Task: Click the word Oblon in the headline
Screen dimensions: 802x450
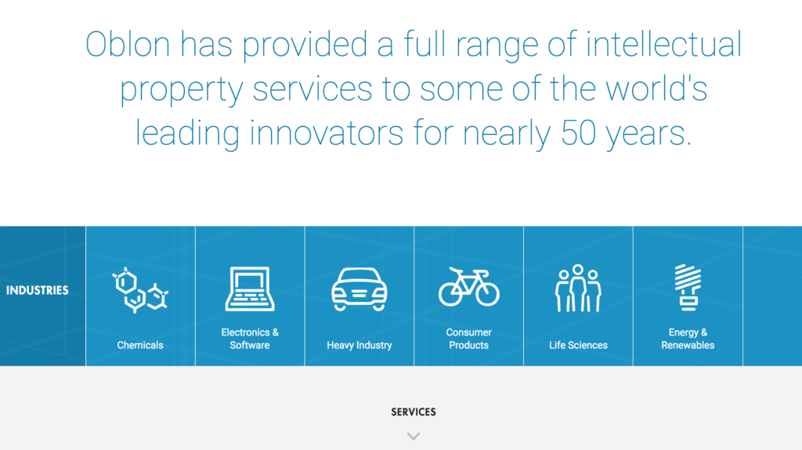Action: tap(128, 44)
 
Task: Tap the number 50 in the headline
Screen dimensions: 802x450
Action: tap(579, 133)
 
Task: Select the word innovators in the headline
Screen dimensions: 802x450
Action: tap(327, 133)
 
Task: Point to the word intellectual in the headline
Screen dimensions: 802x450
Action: tap(664, 44)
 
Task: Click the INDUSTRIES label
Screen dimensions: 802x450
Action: tap(38, 290)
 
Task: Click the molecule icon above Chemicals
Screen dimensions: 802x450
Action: tap(140, 290)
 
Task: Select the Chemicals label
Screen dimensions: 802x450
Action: tap(140, 345)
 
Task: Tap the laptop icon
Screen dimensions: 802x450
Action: tap(250, 289)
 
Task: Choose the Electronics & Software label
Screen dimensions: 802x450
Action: tap(250, 339)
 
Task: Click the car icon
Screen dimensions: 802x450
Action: tap(359, 289)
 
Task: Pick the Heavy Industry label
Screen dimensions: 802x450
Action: tap(359, 345)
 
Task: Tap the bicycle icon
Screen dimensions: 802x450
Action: tap(468, 287)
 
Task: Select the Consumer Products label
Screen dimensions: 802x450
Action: tap(468, 339)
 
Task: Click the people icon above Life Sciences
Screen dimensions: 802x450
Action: tap(578, 289)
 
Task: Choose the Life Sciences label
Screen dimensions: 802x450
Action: tap(578, 345)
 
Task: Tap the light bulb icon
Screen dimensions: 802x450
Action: tap(688, 288)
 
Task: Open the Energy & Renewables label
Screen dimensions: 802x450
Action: tap(688, 339)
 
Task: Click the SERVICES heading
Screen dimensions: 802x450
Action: tap(414, 412)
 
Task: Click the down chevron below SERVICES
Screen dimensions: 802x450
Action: tap(414, 436)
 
